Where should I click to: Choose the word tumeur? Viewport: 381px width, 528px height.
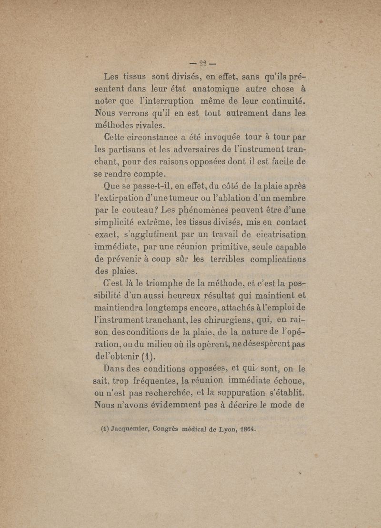tap(183, 197)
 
